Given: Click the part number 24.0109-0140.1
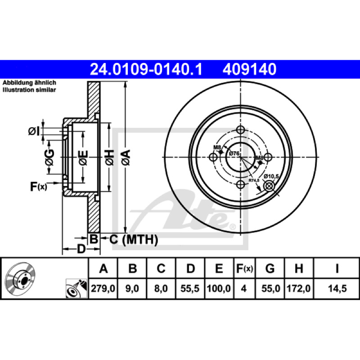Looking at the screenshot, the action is [146, 69].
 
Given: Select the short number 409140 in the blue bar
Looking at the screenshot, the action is [249, 69].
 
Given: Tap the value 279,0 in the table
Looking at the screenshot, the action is [103, 288].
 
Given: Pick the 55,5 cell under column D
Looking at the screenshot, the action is [190, 288].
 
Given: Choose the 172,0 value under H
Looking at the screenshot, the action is [298, 288].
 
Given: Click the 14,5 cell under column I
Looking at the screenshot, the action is [337, 288].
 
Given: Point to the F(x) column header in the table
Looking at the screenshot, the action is [244, 268].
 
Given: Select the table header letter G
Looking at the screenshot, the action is [270, 268].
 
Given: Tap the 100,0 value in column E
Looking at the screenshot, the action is [219, 288].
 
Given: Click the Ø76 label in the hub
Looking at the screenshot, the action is [234, 153].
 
